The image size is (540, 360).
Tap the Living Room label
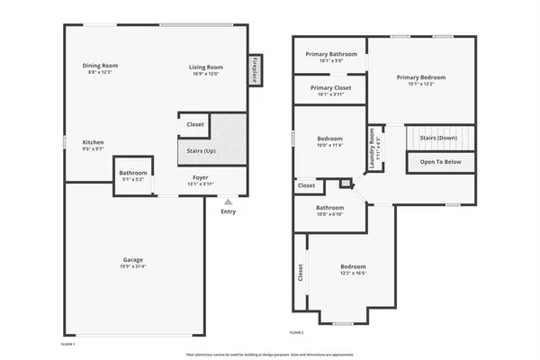(205, 66)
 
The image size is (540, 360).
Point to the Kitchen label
(94, 142)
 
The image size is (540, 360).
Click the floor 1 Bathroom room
(133, 175)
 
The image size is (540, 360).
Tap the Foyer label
(199, 178)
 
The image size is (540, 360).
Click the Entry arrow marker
(229, 202)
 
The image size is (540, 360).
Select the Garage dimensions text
(132, 266)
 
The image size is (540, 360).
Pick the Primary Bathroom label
(331, 54)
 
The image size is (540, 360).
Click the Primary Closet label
(331, 87)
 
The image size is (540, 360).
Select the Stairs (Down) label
(438, 138)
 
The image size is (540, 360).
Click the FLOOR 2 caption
(297, 333)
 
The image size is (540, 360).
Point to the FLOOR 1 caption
(67, 344)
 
